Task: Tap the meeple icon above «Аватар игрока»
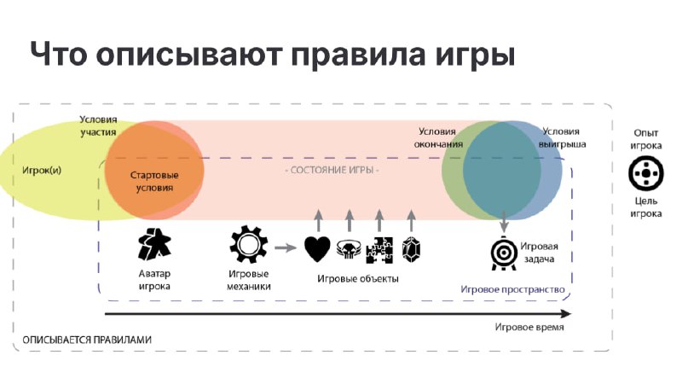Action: point(154,244)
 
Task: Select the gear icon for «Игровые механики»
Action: point(248,244)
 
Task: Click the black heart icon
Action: point(317,249)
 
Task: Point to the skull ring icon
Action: point(349,249)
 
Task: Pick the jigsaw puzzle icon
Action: point(379,250)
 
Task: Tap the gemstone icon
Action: point(411,250)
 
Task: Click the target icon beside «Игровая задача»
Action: point(504,253)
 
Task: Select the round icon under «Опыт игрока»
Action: point(646,173)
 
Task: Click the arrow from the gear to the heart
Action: point(286,247)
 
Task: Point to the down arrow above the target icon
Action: point(504,221)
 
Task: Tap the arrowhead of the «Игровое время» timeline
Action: point(565,313)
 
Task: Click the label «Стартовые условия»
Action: point(154,182)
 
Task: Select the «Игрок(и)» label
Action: point(42,170)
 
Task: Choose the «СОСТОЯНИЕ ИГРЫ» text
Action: point(332,170)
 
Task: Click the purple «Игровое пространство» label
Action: point(512,289)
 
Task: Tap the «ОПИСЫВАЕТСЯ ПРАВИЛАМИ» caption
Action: point(87,340)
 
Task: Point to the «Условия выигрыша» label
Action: point(562,137)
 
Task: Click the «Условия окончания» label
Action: point(438,137)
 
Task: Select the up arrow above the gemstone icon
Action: point(412,220)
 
